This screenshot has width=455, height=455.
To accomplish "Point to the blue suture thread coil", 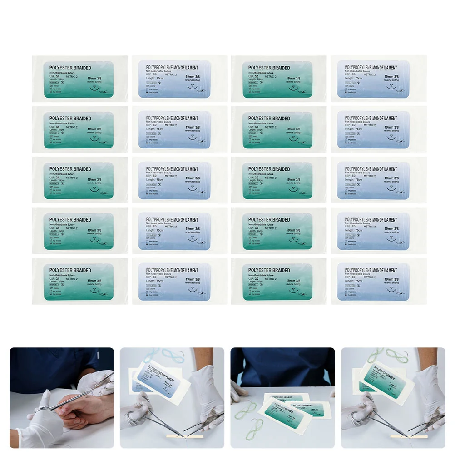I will tap(166, 356).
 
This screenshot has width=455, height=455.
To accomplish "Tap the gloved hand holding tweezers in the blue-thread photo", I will tap(207, 391).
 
